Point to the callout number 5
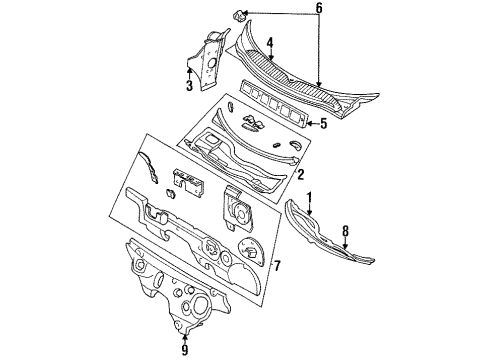[x=322, y=124]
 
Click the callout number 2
[x=299, y=174]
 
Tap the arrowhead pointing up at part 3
[x=189, y=70]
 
